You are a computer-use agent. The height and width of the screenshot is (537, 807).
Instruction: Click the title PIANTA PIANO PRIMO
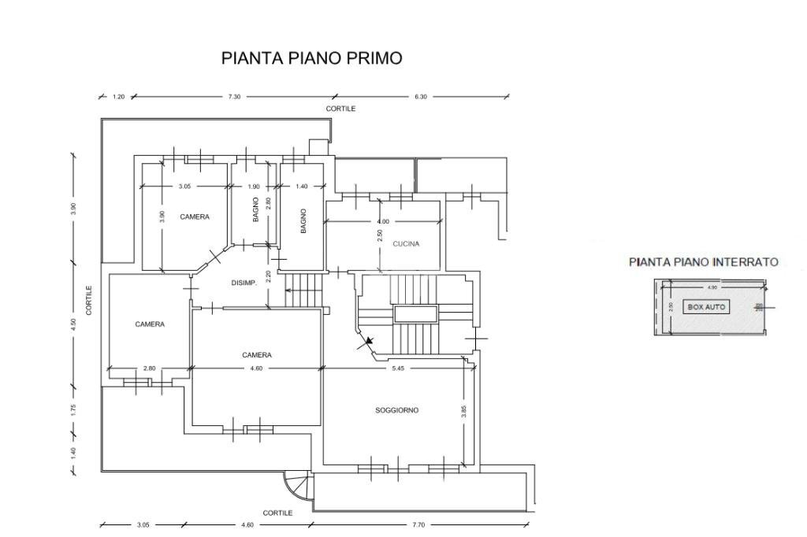[x=312, y=58]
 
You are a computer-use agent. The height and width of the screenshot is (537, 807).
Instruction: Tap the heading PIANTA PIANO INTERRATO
[x=703, y=262]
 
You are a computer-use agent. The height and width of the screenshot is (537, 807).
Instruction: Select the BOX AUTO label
[x=707, y=307]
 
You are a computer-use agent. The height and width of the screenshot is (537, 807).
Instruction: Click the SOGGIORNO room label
[x=396, y=410]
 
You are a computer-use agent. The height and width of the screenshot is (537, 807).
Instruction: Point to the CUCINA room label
[x=406, y=244]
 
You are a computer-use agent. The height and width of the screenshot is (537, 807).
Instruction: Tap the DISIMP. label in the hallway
[x=244, y=283]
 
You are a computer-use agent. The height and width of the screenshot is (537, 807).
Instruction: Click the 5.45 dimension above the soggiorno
[x=398, y=368]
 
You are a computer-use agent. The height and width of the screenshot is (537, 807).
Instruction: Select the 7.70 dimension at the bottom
[x=418, y=524]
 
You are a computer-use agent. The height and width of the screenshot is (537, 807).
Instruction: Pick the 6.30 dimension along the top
[x=421, y=97]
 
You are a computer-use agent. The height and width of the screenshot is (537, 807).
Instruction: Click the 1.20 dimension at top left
[x=119, y=97]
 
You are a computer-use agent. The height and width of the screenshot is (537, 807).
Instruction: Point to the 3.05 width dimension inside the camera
[x=184, y=187]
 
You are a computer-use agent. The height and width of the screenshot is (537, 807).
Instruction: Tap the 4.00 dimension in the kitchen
[x=383, y=222]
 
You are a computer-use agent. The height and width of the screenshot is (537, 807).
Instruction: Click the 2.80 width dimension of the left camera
[x=150, y=368]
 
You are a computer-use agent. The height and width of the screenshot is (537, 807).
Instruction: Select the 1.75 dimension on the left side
[x=73, y=409]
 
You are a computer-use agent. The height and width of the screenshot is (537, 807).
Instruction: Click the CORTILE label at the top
[x=341, y=109]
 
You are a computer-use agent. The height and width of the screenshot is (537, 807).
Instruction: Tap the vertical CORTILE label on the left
[x=90, y=300]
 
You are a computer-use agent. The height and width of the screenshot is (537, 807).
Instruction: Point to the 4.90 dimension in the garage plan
[x=712, y=287]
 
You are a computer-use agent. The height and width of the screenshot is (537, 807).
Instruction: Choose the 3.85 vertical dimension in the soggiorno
[x=464, y=411]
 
